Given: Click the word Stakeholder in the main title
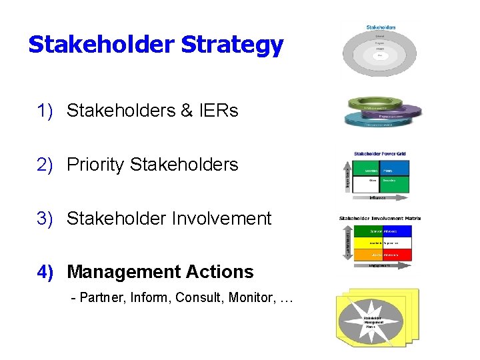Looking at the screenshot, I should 102,45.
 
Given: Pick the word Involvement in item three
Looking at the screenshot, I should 224,219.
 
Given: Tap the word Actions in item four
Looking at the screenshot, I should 223,272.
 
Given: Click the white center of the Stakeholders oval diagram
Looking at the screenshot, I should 380,55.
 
